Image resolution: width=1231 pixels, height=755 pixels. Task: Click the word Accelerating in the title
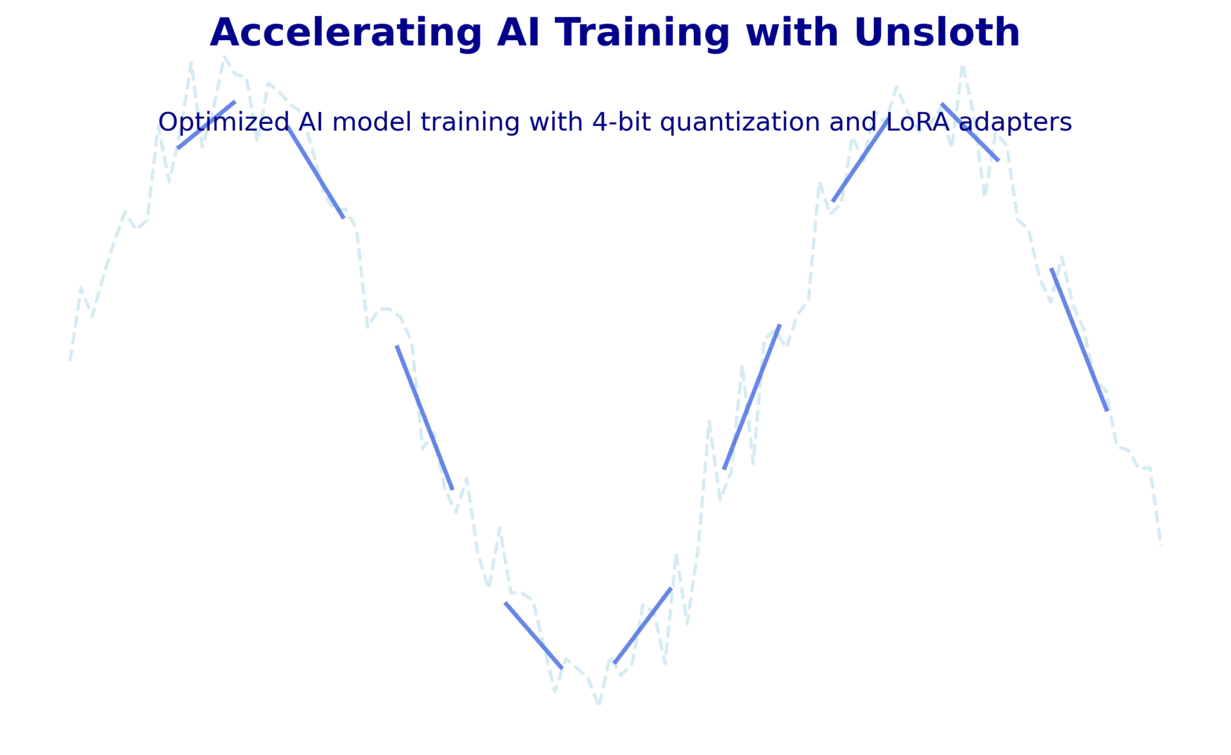point(346,33)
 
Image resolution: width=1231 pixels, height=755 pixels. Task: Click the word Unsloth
point(936,33)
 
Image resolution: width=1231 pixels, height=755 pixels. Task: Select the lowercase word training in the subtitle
point(470,123)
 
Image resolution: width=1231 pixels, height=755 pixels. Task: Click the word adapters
point(1016,123)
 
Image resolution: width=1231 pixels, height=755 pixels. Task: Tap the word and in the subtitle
point(846,123)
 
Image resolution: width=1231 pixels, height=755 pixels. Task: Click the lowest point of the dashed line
point(599,703)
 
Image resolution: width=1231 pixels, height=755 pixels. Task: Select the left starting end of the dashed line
point(70,360)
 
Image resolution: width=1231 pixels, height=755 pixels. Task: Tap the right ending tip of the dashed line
point(1161,545)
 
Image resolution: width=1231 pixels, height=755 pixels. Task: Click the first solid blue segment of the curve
point(206,125)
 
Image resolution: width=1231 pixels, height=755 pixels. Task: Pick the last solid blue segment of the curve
point(1079,340)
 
